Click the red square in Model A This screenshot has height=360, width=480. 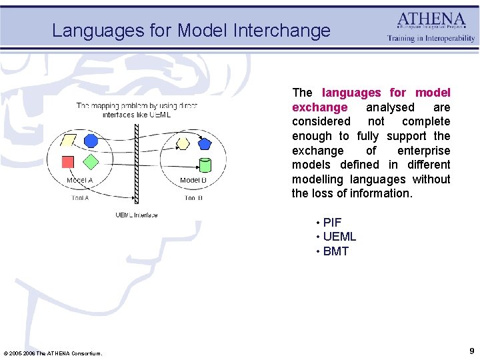point(67,161)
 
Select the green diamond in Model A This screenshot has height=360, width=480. point(91,161)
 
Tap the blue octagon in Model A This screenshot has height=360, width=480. point(91,140)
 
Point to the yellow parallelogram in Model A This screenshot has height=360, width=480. point(68,141)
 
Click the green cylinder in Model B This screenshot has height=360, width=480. point(205,165)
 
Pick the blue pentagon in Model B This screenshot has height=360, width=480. point(204,143)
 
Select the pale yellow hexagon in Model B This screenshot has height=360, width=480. point(183,143)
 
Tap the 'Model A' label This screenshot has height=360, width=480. point(79,181)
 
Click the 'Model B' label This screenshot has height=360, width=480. point(193,181)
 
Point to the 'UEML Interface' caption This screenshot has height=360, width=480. point(136,215)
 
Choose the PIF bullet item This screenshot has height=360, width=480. point(332,222)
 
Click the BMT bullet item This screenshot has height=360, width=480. point(335,251)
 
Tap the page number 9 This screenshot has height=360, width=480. point(471,351)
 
